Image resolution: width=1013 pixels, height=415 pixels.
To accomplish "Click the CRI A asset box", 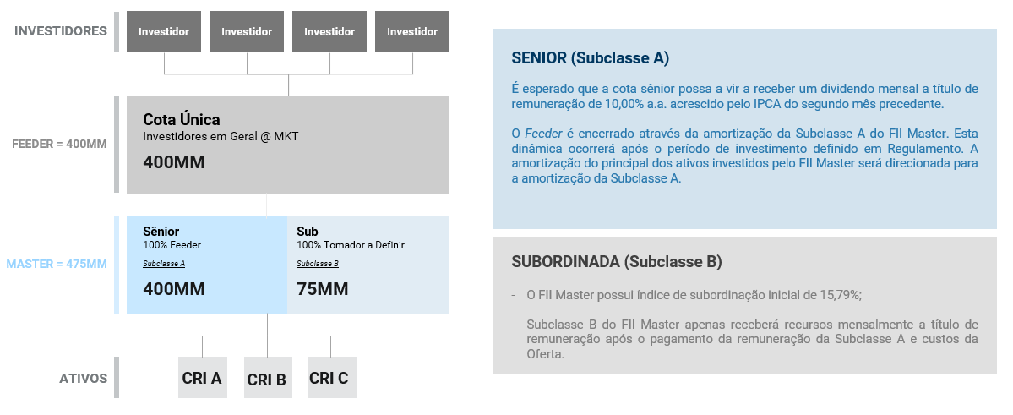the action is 202,377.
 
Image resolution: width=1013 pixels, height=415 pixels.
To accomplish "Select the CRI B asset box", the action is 268,377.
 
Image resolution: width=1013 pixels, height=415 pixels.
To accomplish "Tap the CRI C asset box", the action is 331,377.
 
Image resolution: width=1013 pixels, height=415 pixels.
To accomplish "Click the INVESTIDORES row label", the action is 61,31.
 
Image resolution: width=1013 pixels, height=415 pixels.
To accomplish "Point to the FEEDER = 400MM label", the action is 59,144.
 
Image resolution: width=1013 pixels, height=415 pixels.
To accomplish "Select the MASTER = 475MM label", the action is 57,264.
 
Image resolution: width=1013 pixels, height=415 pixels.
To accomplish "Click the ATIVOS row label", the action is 84,378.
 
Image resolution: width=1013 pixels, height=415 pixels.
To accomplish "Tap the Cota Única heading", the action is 182,119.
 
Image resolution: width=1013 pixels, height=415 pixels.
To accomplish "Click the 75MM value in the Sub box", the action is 323,289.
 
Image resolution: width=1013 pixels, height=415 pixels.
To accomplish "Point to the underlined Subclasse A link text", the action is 164,264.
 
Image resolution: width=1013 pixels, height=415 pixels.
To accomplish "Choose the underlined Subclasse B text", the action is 318,264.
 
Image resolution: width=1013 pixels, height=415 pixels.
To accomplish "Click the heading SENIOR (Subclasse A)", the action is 591,58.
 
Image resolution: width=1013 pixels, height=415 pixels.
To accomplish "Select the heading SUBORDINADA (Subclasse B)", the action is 617,262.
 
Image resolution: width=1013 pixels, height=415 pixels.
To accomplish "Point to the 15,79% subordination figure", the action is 841,295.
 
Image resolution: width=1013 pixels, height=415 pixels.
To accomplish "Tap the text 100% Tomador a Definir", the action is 351,245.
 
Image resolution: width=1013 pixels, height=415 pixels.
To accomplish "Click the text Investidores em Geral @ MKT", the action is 221,136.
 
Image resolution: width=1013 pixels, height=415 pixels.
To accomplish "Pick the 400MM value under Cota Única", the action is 174,162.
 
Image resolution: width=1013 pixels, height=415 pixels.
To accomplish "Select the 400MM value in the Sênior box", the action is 174,289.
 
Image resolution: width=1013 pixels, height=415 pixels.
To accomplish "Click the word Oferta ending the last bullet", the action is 545,354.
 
